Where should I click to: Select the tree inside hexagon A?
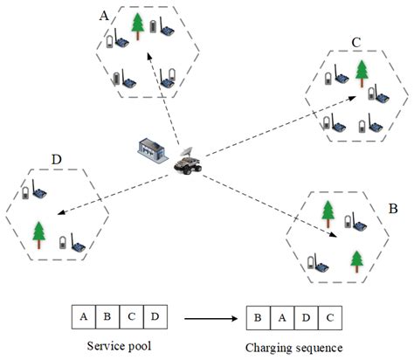pos(136,27)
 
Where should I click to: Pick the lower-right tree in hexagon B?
pos(356,260)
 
